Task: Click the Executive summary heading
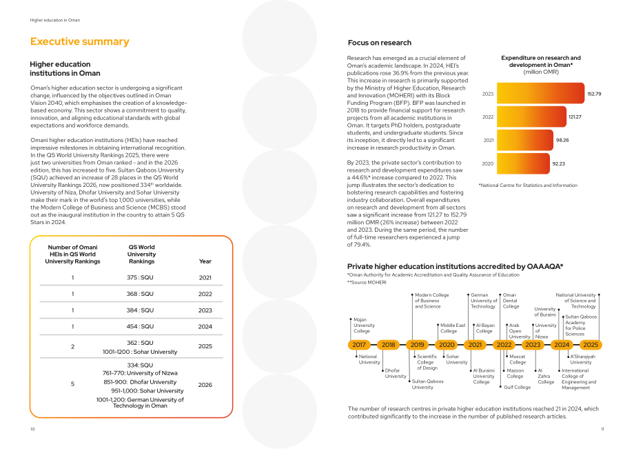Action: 80,41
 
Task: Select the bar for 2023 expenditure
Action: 540,93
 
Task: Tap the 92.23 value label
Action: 559,164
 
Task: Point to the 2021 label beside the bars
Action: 489,141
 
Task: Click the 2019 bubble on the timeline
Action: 418,345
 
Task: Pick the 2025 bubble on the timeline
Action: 591,345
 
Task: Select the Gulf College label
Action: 517,387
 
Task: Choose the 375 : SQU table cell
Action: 140,277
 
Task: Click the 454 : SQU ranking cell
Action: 140,326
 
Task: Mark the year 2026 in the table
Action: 205,385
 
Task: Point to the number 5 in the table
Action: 73,384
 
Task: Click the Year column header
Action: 205,261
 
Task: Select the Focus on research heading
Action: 380,43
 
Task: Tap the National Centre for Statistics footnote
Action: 528,186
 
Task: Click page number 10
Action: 33,429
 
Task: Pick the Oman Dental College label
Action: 511,301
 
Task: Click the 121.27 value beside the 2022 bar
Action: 575,117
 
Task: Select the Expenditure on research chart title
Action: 541,65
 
